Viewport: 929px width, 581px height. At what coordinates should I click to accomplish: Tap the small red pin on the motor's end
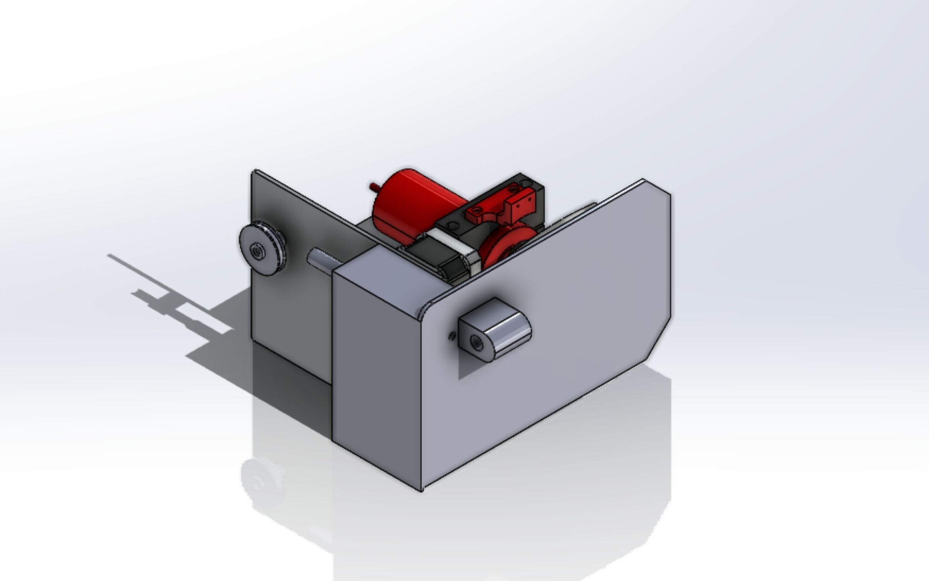tap(373, 186)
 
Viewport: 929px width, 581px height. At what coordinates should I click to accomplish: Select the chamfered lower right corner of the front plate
tap(658, 341)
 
